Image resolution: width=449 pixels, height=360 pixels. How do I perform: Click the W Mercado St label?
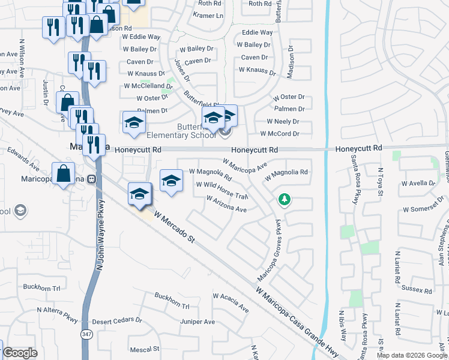[175, 226]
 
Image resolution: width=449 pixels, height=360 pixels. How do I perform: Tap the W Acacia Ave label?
[231, 302]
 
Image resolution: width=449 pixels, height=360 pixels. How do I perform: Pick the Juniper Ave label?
[198, 322]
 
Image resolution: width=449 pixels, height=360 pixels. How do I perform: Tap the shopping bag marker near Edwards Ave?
[63, 175]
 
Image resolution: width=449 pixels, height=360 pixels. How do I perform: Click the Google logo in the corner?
[20, 353]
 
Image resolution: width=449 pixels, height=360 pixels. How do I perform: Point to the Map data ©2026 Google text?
[411, 355]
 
